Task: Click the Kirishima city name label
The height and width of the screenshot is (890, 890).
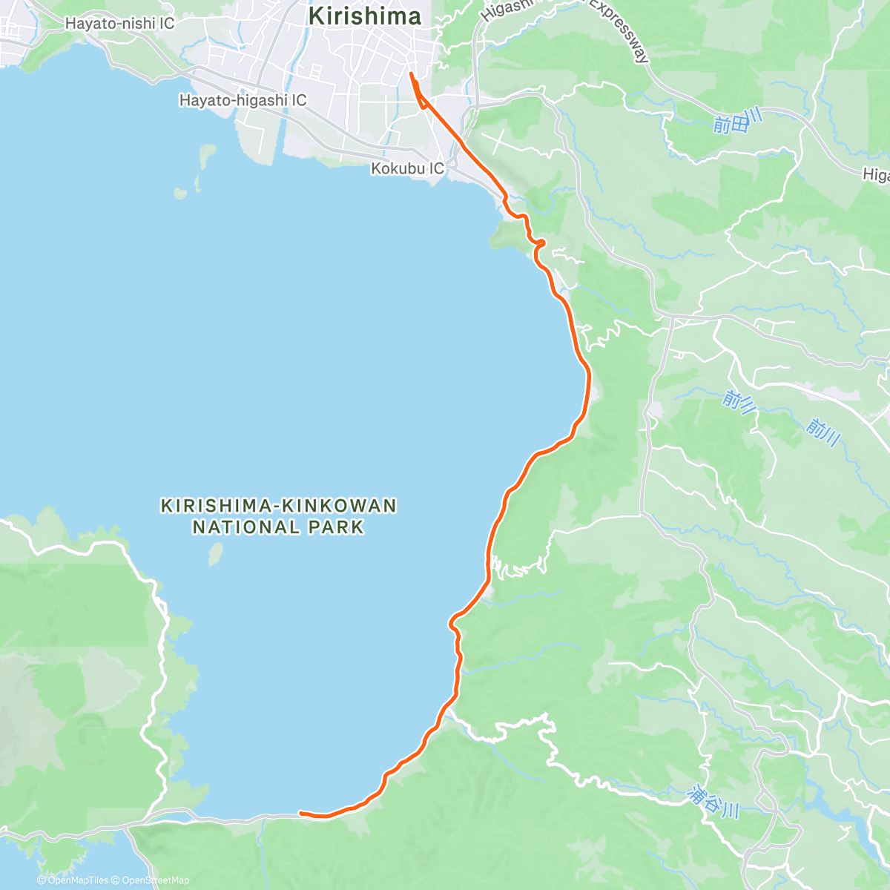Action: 364,16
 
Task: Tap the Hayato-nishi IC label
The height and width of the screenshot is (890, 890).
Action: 119,24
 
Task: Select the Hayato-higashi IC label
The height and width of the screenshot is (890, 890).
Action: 243,100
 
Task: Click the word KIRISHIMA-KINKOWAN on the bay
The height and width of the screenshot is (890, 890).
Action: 279,507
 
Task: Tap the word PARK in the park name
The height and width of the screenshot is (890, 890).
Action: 337,528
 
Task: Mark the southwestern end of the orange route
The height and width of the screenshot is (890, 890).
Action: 300,813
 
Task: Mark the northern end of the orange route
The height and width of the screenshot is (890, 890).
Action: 410,73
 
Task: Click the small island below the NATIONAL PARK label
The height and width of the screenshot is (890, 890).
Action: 216,554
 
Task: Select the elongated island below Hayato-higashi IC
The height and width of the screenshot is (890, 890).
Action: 205,156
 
